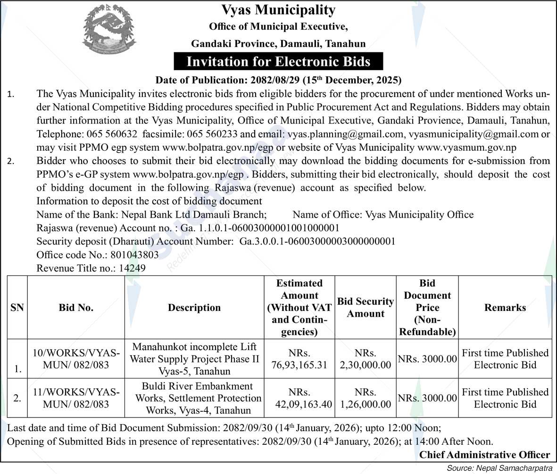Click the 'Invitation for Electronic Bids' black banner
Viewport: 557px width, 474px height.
point(278,61)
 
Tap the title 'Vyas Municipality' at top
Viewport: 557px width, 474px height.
point(278,10)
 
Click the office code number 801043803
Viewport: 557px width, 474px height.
point(134,255)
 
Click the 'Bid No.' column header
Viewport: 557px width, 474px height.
point(76,308)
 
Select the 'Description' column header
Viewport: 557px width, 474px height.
point(194,308)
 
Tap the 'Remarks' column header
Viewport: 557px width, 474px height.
point(505,308)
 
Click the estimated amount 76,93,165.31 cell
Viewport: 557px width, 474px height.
point(299,359)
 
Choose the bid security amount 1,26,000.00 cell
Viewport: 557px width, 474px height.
point(366,398)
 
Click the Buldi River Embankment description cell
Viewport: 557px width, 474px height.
point(198,398)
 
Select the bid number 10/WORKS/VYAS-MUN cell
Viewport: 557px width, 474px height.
point(76,359)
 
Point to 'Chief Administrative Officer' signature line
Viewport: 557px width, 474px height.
point(484,455)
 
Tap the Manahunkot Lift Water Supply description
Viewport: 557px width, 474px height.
point(194,359)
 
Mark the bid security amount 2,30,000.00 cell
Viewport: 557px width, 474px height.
point(366,359)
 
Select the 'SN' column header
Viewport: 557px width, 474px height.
point(17,308)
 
